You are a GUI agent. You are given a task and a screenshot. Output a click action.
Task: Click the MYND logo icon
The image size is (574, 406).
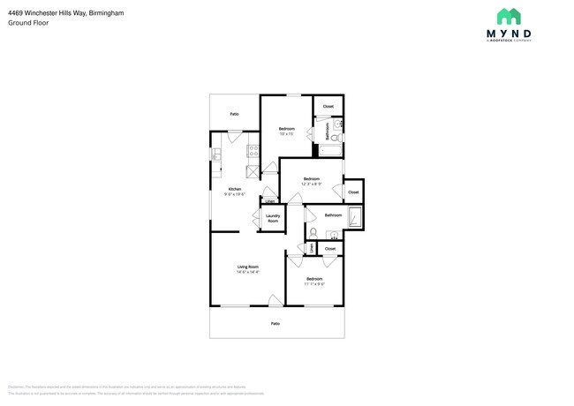tap(508, 16)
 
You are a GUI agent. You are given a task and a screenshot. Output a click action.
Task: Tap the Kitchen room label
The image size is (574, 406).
tap(235, 189)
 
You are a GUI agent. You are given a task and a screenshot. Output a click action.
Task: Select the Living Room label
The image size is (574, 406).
tap(247, 267)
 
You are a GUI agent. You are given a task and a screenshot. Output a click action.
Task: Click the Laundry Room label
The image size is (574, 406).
tap(273, 217)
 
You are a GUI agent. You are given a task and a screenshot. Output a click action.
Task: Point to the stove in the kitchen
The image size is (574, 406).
tap(253, 151)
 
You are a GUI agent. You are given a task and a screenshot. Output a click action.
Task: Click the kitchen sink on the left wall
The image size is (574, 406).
tap(215, 155)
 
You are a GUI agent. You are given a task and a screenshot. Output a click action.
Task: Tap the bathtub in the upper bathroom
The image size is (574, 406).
tap(330, 151)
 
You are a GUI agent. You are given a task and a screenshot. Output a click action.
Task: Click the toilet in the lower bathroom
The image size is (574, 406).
tap(313, 232)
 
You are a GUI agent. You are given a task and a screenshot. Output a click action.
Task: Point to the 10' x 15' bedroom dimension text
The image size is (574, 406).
tap(286, 134)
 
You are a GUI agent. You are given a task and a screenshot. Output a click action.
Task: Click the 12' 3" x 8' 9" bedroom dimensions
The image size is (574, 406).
tap(311, 184)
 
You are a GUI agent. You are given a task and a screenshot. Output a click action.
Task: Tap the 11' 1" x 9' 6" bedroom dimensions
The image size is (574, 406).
tap(314, 284)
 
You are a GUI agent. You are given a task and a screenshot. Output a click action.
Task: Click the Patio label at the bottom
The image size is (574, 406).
tap(276, 324)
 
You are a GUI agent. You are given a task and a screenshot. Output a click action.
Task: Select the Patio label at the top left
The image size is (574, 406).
tap(234, 114)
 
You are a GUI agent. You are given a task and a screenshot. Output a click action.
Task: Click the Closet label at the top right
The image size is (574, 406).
tap(328, 107)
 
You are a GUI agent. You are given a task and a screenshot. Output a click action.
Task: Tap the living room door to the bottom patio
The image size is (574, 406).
tap(276, 301)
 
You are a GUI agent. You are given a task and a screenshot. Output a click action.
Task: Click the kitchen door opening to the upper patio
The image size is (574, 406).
tap(235, 135)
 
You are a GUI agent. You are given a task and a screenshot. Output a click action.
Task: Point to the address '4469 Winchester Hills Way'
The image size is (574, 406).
tap(48, 12)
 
